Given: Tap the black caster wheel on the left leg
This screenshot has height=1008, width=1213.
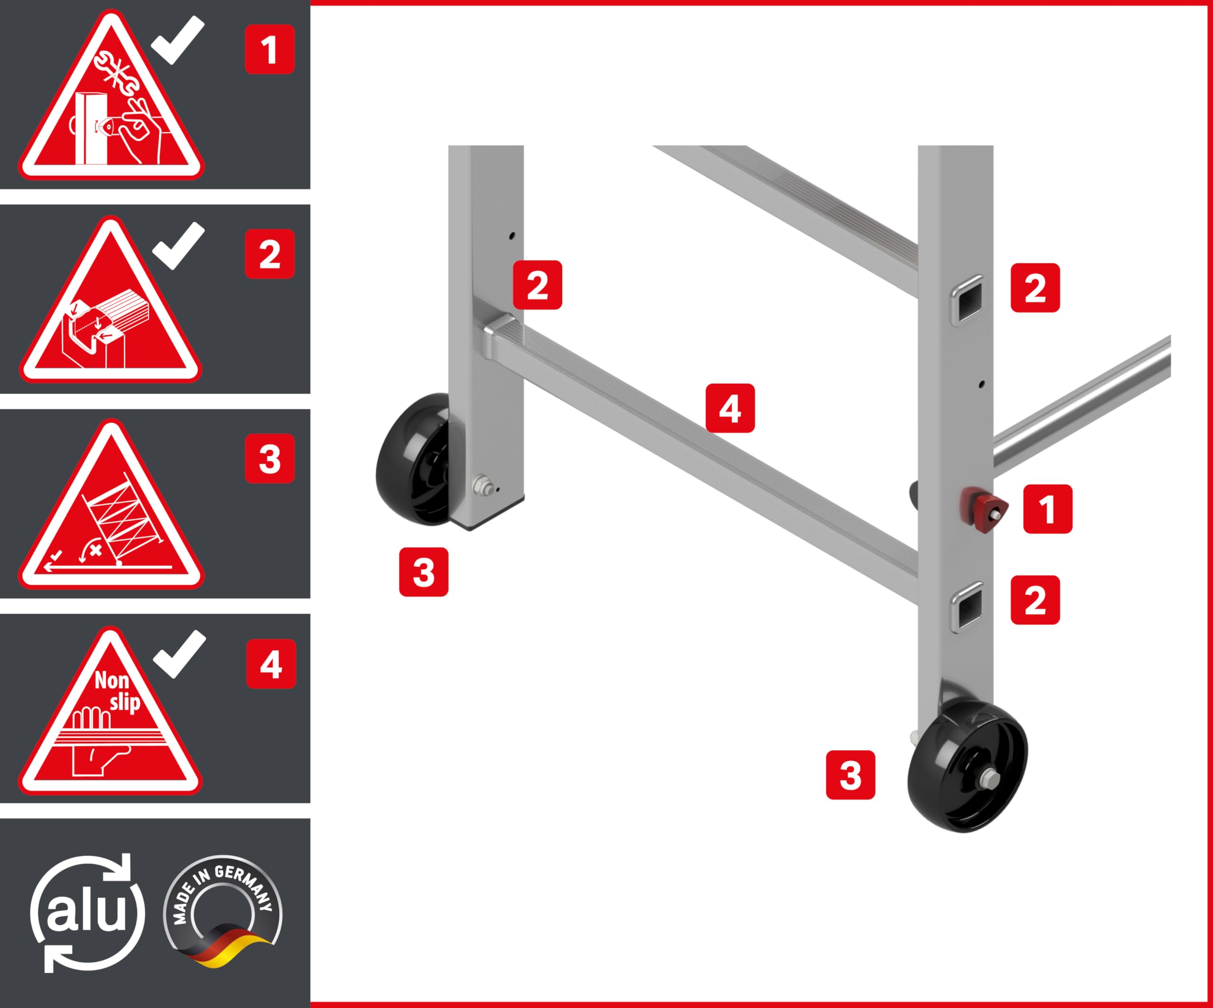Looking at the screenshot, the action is [412, 459].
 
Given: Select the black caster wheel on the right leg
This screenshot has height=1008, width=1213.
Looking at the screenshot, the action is [968, 765].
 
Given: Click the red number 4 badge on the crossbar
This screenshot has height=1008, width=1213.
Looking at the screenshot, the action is [730, 408].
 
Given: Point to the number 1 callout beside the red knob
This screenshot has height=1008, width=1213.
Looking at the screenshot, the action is [1048, 509].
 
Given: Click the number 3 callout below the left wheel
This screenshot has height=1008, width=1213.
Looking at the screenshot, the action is [424, 572].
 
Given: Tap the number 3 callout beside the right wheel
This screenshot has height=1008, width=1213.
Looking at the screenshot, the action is [850, 775].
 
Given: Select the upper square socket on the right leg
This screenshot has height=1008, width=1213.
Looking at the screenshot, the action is [968, 299].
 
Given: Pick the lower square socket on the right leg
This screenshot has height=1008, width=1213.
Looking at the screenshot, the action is [968, 607].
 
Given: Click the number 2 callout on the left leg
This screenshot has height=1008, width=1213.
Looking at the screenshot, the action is [537, 285].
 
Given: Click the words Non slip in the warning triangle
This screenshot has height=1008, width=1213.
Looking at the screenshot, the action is [117, 691].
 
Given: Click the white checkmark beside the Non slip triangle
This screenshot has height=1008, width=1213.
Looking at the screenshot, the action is [180, 654].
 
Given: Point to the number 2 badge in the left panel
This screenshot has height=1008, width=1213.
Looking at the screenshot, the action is [270, 254].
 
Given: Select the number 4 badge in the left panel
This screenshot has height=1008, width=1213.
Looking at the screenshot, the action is [271, 664].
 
